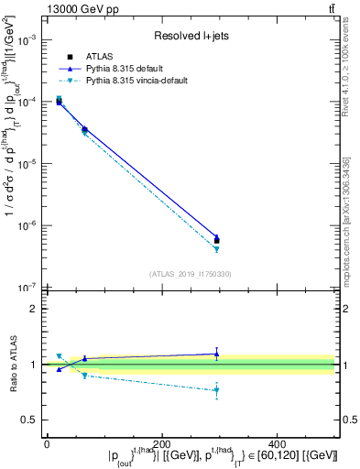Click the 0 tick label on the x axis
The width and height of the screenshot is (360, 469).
[x=47, y=444]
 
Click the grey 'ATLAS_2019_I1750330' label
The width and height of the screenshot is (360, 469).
[x=189, y=274]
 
